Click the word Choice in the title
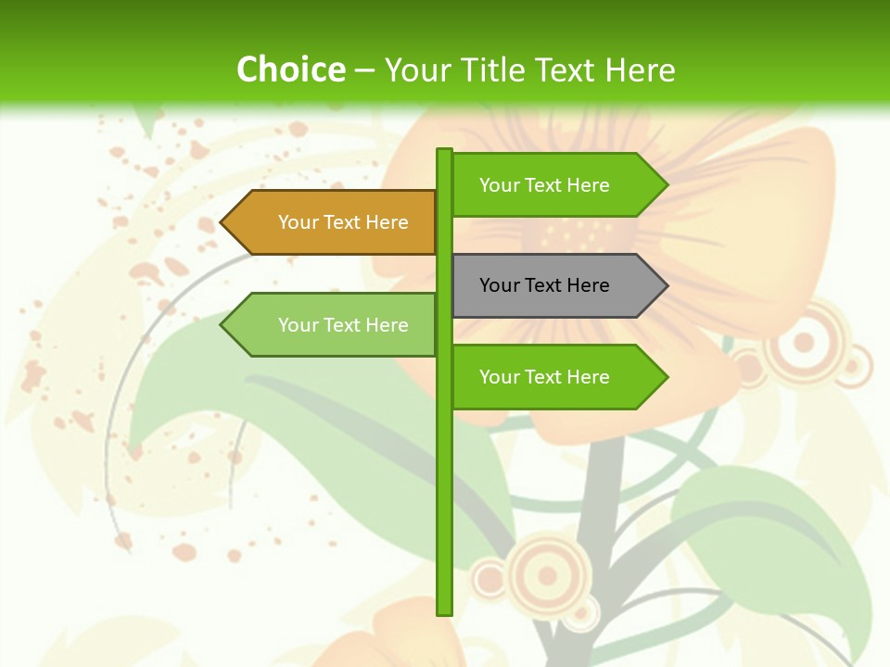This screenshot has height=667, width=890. [x=290, y=69]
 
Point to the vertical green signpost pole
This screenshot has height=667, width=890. [x=444, y=463]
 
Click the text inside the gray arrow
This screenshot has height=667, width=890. [x=544, y=285]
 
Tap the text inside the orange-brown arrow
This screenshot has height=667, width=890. [x=343, y=222]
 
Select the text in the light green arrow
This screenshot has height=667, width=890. [x=343, y=325]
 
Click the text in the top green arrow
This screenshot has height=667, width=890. [x=544, y=185]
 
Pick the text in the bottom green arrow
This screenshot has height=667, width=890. [x=544, y=377]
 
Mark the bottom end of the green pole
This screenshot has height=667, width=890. [x=444, y=611]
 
